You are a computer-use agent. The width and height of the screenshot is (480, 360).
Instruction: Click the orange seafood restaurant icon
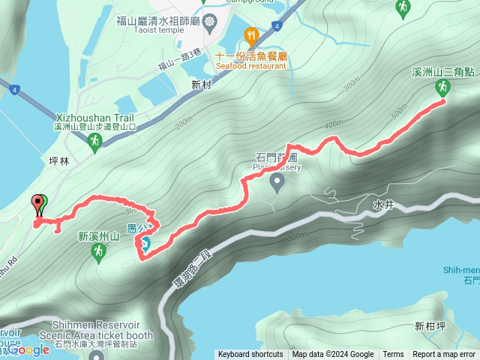[x=251, y=34]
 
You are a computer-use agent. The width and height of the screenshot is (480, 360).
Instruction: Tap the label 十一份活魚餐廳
[x=250, y=55]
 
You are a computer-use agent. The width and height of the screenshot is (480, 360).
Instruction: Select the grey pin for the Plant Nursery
[x=277, y=182]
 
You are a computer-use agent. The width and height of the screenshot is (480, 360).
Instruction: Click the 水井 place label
[x=382, y=204]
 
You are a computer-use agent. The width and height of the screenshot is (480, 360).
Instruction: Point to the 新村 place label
[x=202, y=85]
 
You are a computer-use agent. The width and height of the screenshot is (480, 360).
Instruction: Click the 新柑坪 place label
[x=429, y=326]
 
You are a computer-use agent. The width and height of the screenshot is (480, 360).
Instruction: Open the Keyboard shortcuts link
[x=250, y=355]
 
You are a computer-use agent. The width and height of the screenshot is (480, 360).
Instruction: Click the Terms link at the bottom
[x=393, y=355]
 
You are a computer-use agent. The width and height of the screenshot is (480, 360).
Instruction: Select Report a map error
[x=444, y=355]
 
